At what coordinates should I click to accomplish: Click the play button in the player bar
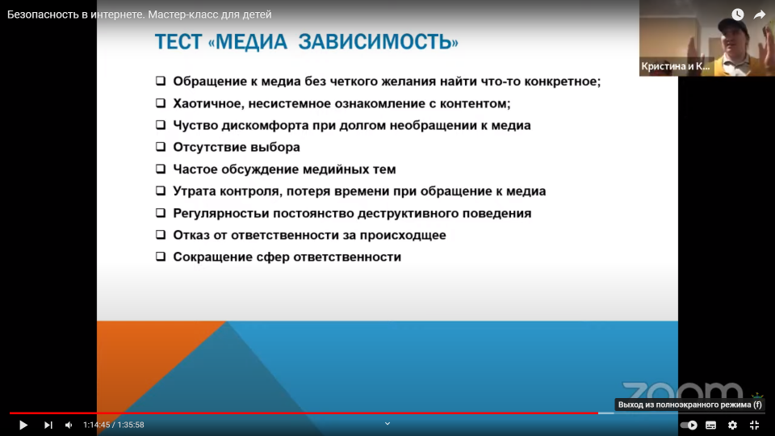click(23, 425)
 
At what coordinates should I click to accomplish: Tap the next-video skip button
click(48, 425)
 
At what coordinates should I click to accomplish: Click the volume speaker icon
click(69, 425)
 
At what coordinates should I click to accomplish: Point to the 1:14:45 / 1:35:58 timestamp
click(114, 425)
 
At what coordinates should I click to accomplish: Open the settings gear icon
click(732, 425)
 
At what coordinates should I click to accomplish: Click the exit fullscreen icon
click(754, 425)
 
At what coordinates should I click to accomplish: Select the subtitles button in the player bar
click(710, 425)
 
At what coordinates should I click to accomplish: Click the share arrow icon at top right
click(759, 15)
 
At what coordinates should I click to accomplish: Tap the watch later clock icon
click(737, 15)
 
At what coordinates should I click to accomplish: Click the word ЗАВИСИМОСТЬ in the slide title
click(379, 41)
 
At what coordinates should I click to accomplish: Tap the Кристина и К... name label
click(675, 66)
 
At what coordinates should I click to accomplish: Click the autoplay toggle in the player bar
click(689, 425)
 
